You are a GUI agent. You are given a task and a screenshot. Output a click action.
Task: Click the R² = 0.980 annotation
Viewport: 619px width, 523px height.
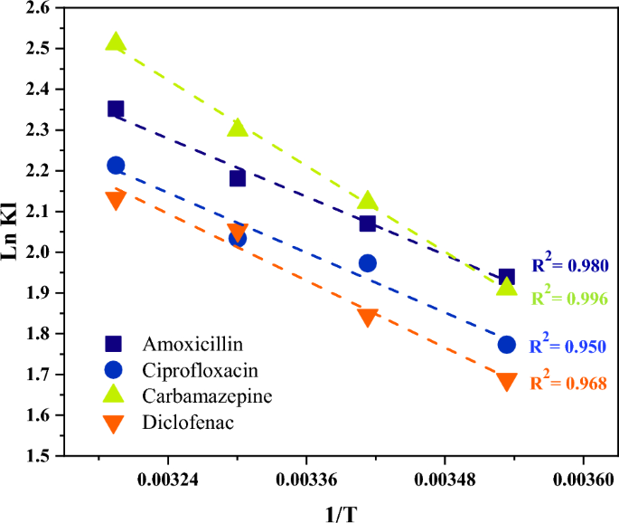tap(569, 266)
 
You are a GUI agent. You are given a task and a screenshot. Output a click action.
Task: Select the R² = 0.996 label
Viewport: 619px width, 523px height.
tap(569, 298)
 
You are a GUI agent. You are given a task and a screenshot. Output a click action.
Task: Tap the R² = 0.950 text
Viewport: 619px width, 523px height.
tap(567, 346)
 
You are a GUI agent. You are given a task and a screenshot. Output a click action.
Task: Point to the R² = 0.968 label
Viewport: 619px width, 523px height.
tap(567, 383)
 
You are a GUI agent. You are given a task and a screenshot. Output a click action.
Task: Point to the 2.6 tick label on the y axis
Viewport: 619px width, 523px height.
tap(42, 8)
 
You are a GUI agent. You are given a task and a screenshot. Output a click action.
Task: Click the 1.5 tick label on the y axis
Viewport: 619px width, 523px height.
tap(42, 457)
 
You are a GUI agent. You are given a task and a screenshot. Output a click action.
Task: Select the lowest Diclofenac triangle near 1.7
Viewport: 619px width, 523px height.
tap(507, 382)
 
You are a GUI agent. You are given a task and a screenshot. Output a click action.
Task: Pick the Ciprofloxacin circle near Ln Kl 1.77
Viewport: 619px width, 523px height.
tap(507, 345)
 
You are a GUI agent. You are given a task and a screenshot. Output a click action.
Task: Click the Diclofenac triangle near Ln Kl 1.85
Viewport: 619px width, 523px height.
tap(368, 318)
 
